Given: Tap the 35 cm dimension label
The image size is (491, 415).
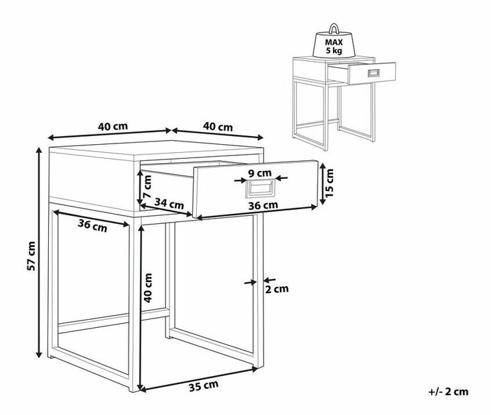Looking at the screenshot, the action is click(204, 386).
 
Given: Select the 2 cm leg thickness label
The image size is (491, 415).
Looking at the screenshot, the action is click(277, 289).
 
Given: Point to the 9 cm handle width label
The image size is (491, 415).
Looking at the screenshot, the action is click(260, 173).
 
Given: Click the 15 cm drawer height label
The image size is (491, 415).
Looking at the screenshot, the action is click(329, 183).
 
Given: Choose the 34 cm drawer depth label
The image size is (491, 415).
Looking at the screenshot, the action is click(169, 204).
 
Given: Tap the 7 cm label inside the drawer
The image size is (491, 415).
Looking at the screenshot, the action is click(147, 186).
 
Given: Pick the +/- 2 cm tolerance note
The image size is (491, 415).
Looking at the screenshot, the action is click(448, 392).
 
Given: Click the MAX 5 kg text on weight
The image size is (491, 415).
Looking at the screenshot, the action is click(334, 46).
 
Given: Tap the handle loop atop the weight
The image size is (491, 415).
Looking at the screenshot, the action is click(334, 28).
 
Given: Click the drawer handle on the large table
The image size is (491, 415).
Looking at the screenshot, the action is click(260, 188).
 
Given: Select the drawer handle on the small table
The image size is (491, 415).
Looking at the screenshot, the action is click(374, 73).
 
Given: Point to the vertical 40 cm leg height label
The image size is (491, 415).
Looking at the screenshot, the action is click(148, 288).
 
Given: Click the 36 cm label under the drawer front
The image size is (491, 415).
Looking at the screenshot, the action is click(263, 205).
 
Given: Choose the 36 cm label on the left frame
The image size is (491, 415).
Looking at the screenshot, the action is click(92, 225).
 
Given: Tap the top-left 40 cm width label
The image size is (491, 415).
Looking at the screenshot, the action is click(113, 126).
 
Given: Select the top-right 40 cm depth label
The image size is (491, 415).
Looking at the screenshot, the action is click(218, 127).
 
